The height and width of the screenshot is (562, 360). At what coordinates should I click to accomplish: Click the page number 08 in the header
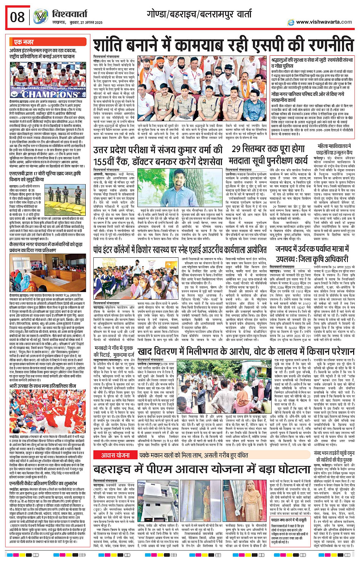[x=18, y=17]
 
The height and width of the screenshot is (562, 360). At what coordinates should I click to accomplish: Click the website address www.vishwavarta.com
[x=324, y=22]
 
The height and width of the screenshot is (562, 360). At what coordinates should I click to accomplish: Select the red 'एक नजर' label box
[x=24, y=42]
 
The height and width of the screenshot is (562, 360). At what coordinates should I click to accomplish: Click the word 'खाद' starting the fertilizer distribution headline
[x=146, y=351]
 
